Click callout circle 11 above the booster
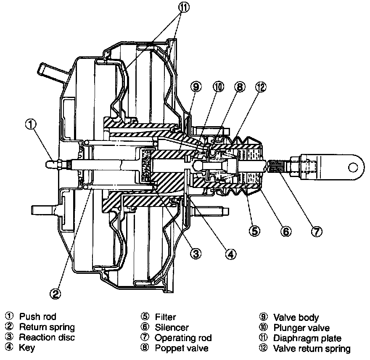click(x=184, y=7)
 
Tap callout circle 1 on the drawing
click(x=31, y=124)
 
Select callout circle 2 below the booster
click(x=55, y=294)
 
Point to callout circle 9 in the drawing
click(x=196, y=87)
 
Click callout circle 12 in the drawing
click(x=261, y=87)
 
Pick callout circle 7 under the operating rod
click(x=317, y=231)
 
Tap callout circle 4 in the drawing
click(x=231, y=254)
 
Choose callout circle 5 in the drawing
click(x=255, y=230)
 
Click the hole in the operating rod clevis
click(x=353, y=167)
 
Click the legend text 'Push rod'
click(x=38, y=316)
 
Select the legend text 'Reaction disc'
click(x=47, y=337)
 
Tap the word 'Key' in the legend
click(x=27, y=348)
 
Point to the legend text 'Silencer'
click(x=172, y=328)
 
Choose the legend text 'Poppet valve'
click(x=182, y=348)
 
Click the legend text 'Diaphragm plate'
click(x=307, y=338)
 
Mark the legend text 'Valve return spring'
click(x=312, y=349)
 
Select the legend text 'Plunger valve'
click(x=301, y=328)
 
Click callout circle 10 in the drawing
click(x=219, y=87)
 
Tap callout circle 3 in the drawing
click(x=196, y=254)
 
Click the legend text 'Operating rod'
click(x=183, y=338)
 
